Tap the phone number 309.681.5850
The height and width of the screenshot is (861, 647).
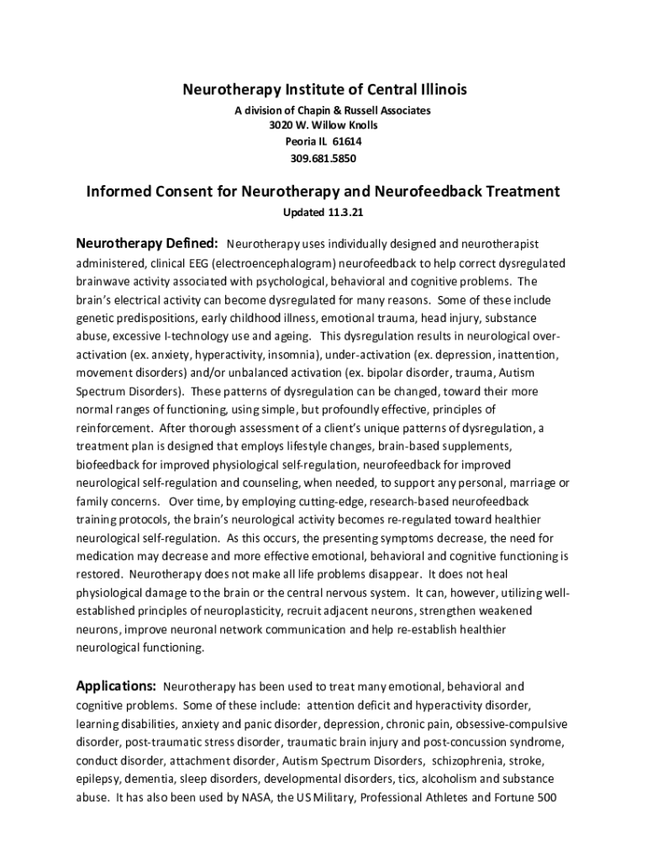tap(323, 157)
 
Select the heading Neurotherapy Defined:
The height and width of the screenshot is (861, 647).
tap(148, 245)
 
